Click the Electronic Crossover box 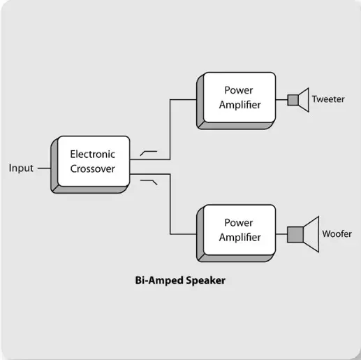click(x=92, y=161)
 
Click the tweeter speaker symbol click(x=298, y=100)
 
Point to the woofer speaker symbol click(x=304, y=233)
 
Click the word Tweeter click(x=327, y=99)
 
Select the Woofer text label click(x=337, y=234)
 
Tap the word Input click(x=21, y=168)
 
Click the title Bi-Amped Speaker click(x=180, y=281)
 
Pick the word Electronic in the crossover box click(x=92, y=154)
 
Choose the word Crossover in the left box click(x=92, y=168)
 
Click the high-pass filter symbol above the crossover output click(x=149, y=151)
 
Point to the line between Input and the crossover click(x=43, y=168)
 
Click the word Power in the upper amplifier click(x=238, y=91)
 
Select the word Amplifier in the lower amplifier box click(x=240, y=237)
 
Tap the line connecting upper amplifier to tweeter click(x=282, y=100)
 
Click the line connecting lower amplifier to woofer click(x=282, y=233)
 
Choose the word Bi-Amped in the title click(x=159, y=281)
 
